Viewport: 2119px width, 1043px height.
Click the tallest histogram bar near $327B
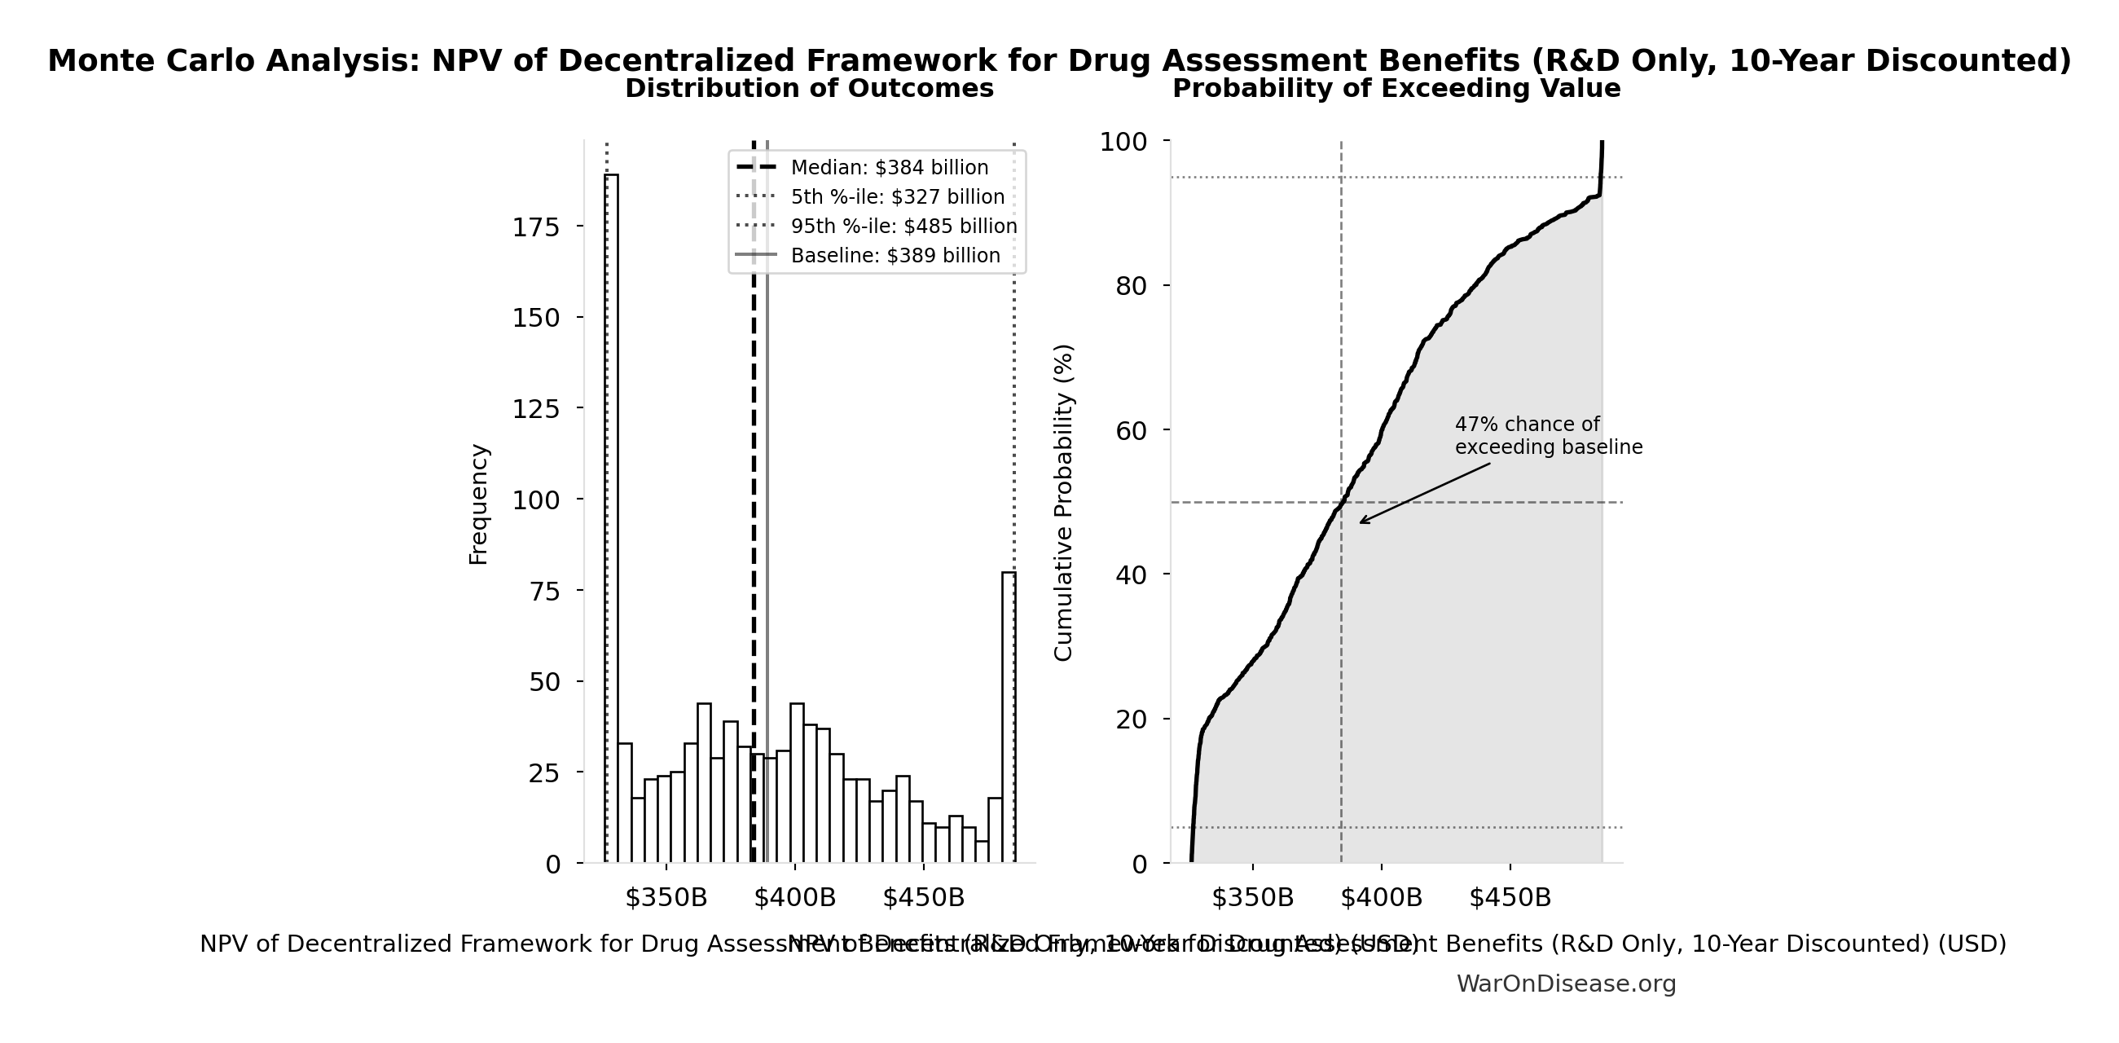pos(611,518)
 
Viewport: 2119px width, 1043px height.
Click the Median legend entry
pos(888,168)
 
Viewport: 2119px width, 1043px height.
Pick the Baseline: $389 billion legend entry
pos(895,256)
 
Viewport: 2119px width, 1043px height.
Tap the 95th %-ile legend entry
pos(903,227)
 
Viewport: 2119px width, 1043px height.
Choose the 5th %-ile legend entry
pos(898,197)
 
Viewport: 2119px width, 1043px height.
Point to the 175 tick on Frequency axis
pos(535,227)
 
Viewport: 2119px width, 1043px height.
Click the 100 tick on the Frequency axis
pos(535,500)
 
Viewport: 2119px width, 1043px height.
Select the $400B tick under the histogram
pos(794,897)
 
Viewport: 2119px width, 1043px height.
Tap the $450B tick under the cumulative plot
pos(1510,897)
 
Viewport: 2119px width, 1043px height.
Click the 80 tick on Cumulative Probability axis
pos(1131,286)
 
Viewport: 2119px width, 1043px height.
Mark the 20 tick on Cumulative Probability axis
pos(1131,720)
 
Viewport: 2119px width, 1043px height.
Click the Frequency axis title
pos(479,504)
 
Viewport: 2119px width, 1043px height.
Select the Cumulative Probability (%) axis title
pos(1064,503)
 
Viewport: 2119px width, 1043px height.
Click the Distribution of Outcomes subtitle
pos(810,89)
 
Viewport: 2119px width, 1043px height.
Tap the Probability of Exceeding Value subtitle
pos(1396,89)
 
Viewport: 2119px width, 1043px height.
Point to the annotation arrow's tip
pos(1360,522)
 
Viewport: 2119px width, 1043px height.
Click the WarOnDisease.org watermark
pos(1565,984)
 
